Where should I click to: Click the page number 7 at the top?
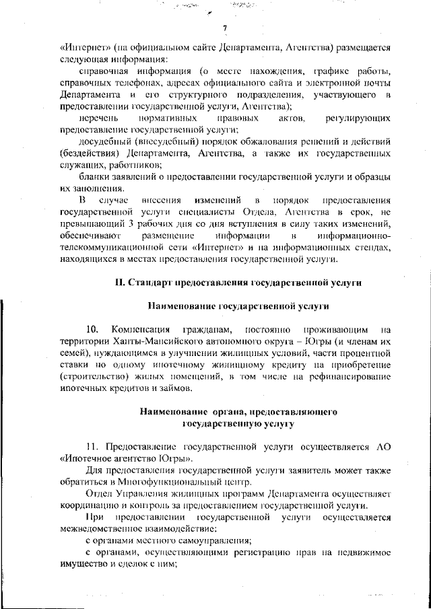click(x=225, y=28)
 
